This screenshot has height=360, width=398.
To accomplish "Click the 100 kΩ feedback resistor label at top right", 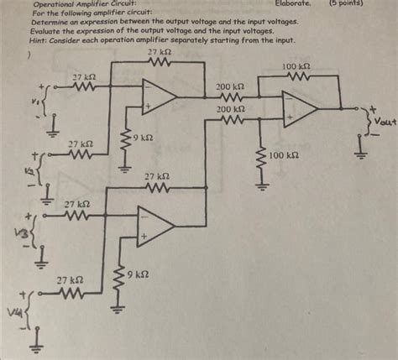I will coord(296,65).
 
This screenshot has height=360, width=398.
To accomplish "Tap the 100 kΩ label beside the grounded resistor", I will coord(285,157).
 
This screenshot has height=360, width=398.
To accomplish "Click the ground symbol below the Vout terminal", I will coord(362,150).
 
